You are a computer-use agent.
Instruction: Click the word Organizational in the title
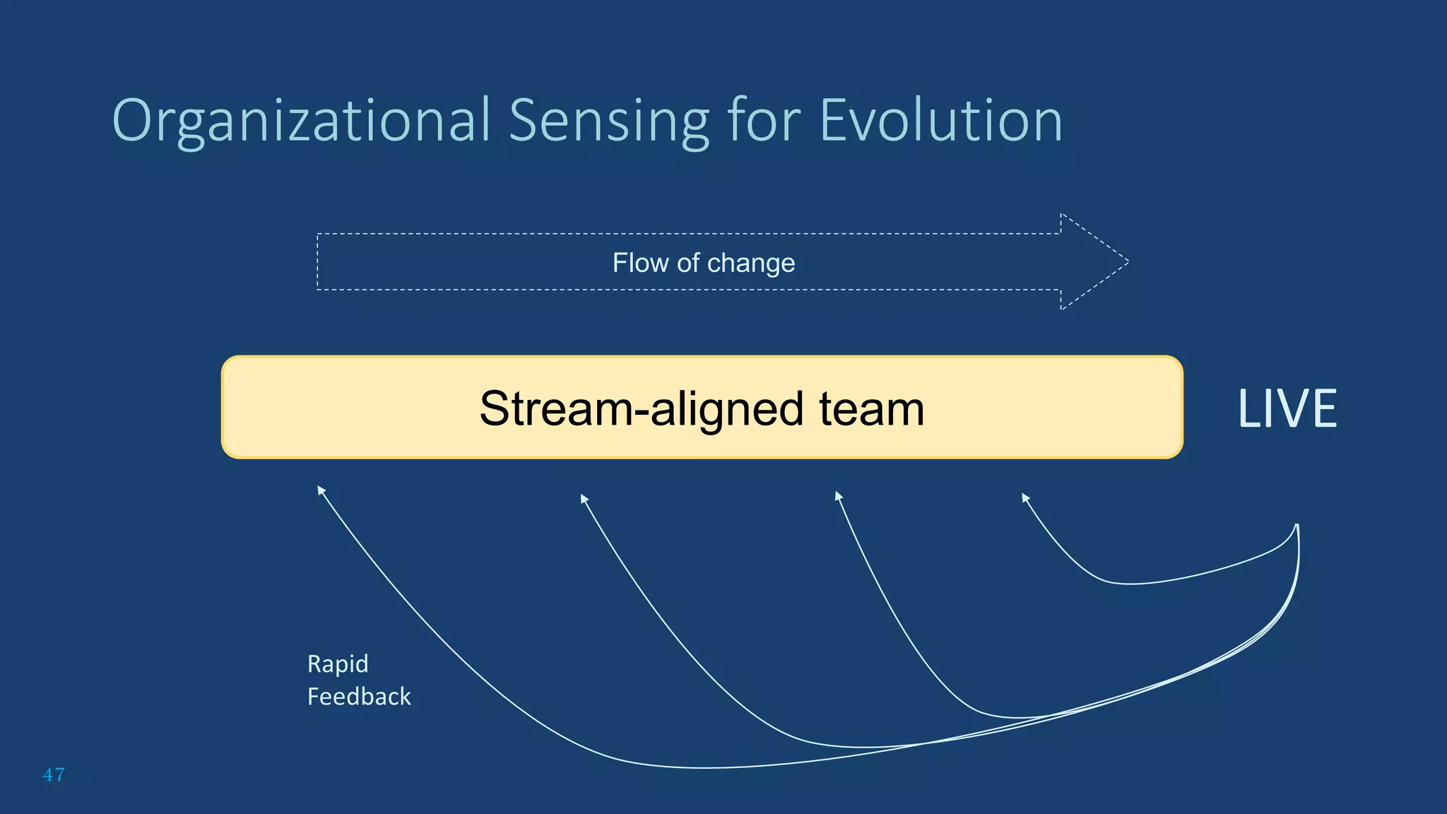click(x=301, y=122)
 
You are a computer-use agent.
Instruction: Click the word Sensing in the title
click(x=608, y=122)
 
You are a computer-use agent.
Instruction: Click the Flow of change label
click(x=703, y=263)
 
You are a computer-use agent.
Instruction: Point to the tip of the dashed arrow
click(x=1127, y=262)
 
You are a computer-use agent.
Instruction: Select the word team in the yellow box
click(x=871, y=409)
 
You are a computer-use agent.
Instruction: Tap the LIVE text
click(x=1287, y=409)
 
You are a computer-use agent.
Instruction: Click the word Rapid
click(x=338, y=664)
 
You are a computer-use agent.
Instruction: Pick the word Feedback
click(x=359, y=697)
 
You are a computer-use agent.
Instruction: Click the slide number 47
click(x=54, y=774)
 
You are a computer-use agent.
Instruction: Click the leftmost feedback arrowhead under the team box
click(x=321, y=489)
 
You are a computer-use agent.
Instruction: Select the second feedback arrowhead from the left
click(x=584, y=498)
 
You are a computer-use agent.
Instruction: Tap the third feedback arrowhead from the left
click(x=838, y=495)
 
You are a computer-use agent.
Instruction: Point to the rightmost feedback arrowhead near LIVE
click(x=1025, y=497)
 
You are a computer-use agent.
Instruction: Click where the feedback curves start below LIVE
click(x=1297, y=526)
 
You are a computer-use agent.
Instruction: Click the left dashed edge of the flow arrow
click(x=317, y=262)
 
